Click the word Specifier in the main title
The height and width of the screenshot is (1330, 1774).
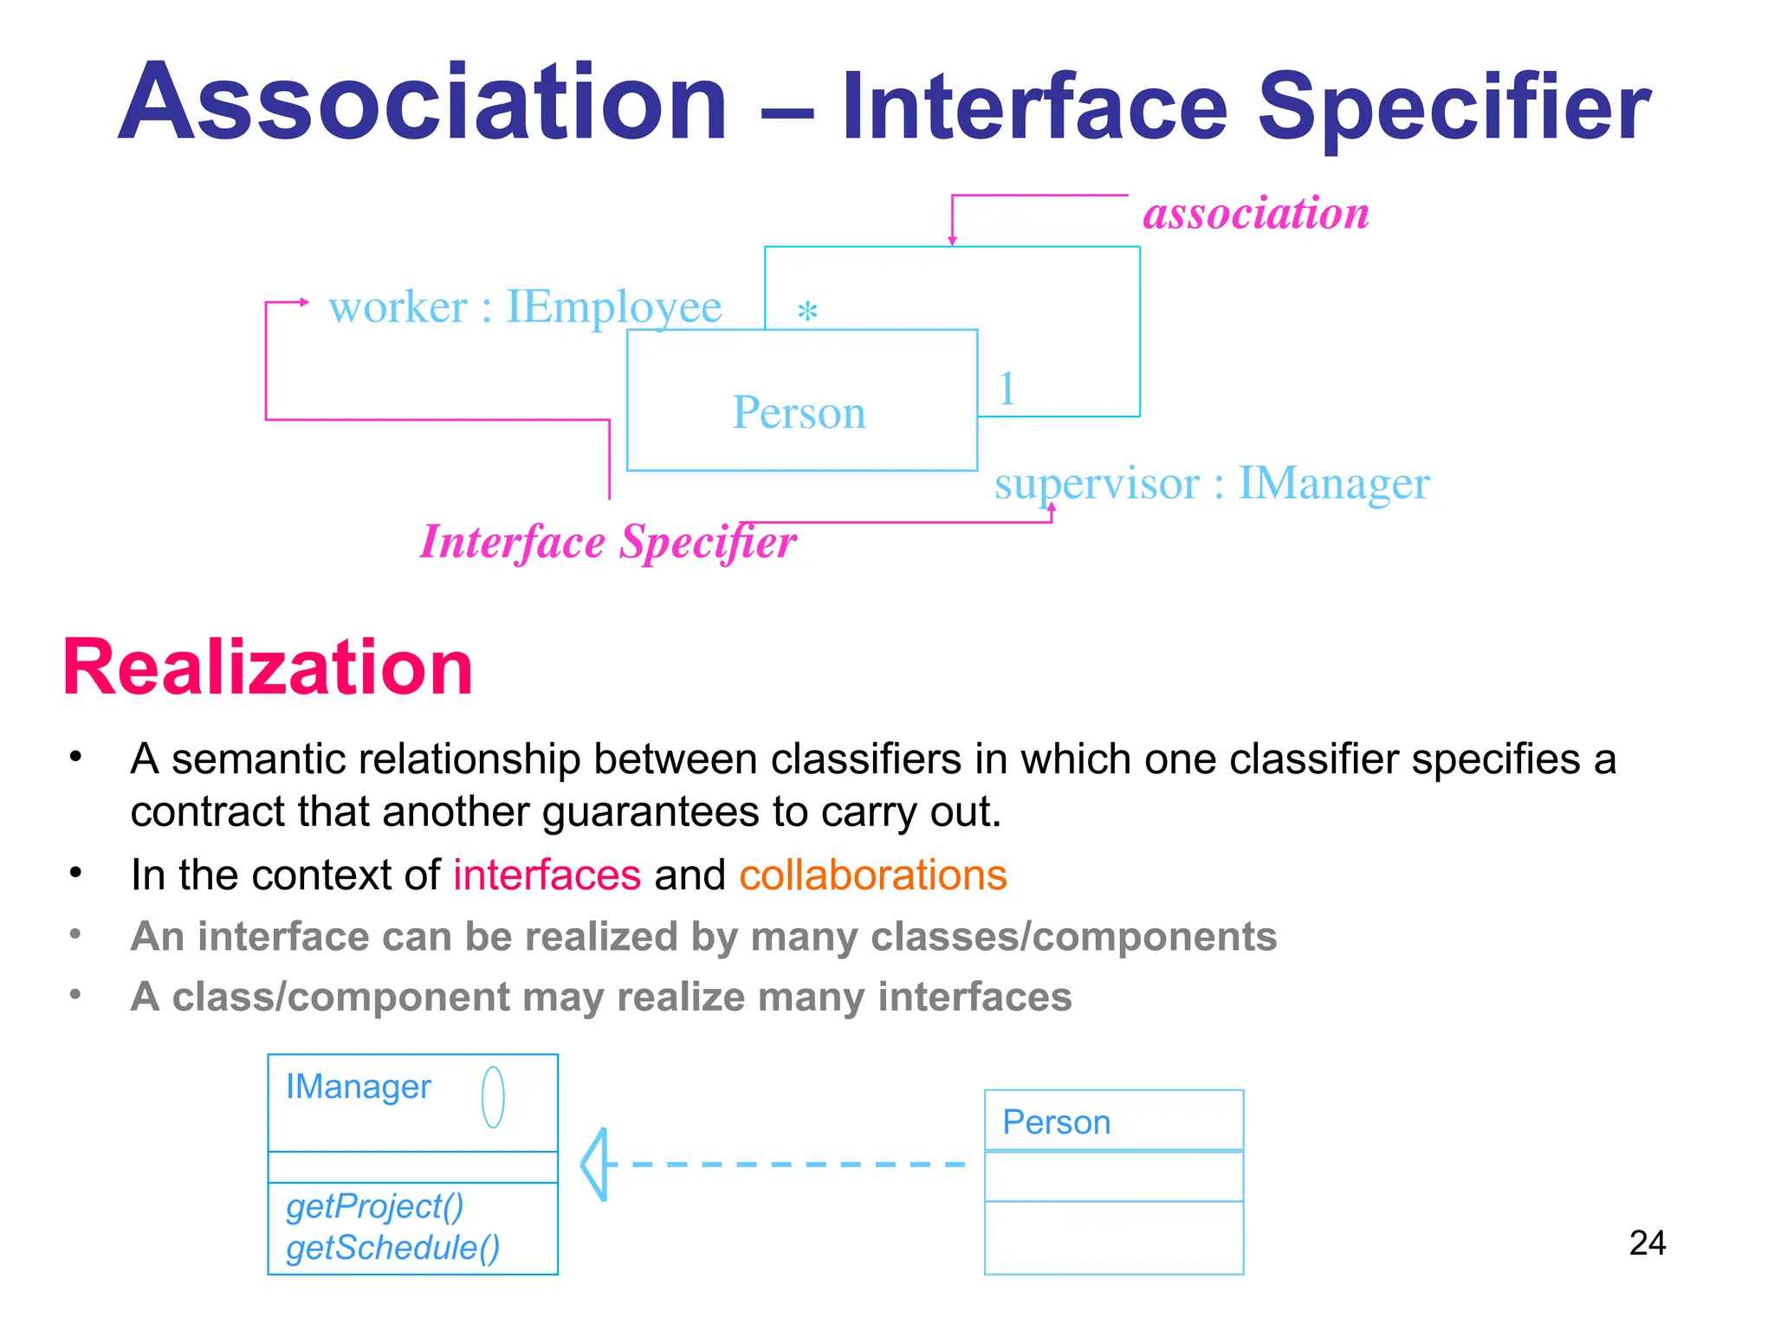click(1454, 108)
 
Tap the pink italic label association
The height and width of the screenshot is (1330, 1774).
click(1256, 213)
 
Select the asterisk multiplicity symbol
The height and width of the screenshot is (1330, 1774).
click(807, 311)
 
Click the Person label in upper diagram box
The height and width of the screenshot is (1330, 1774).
click(799, 412)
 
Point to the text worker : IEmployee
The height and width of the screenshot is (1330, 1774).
click(525, 307)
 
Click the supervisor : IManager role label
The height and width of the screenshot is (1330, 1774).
click(1211, 483)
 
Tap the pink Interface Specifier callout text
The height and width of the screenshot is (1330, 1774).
click(608, 543)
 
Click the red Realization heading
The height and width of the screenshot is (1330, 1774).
click(269, 667)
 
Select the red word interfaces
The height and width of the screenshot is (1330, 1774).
click(547, 875)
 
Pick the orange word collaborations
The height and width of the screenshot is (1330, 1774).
click(872, 875)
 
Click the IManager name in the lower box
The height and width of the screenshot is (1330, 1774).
click(358, 1087)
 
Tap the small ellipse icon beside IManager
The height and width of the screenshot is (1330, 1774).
click(493, 1097)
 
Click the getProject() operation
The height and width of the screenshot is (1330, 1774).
click(374, 1206)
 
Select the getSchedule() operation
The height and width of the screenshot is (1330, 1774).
click(392, 1248)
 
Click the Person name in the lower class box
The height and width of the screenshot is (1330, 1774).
click(1056, 1122)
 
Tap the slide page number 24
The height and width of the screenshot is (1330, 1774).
click(1647, 1243)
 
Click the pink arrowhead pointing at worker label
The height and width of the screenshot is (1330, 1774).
click(303, 302)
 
